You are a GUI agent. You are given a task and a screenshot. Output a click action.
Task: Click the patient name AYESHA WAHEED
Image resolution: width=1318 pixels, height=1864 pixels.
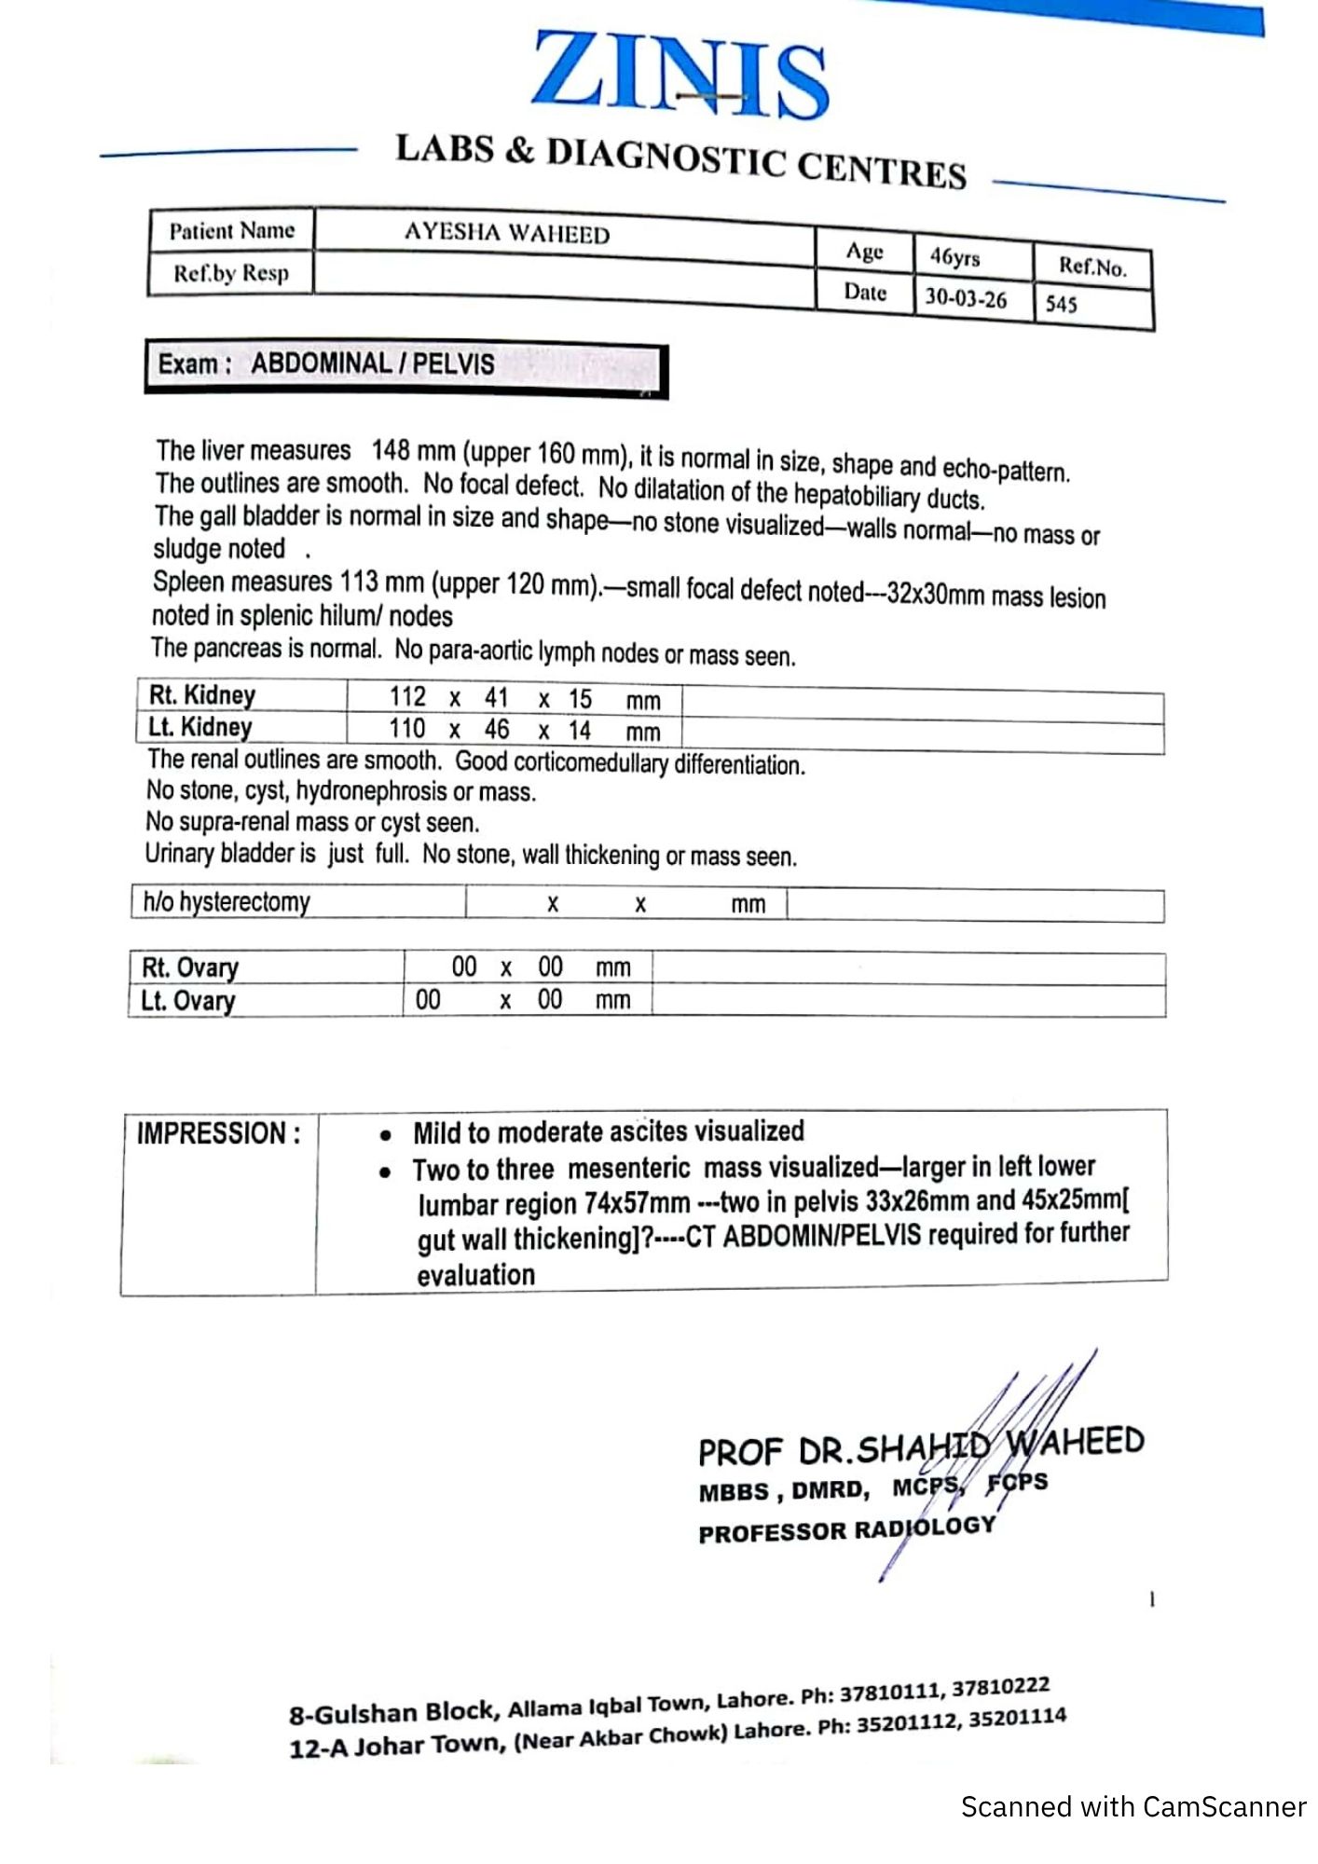point(507,233)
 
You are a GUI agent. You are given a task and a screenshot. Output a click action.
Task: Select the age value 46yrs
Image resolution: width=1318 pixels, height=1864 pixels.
point(954,257)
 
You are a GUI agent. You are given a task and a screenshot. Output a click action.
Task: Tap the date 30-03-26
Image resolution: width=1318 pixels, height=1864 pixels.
point(966,299)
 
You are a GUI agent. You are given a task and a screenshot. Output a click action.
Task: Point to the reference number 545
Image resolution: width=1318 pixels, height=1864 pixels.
point(1062,305)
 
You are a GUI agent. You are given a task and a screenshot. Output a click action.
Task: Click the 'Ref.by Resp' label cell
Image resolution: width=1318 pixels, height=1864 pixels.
point(231,274)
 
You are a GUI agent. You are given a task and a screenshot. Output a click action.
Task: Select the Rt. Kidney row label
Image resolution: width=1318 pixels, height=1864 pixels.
point(202,695)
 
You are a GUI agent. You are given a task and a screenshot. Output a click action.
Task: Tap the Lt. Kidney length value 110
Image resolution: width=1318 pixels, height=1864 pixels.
point(407,729)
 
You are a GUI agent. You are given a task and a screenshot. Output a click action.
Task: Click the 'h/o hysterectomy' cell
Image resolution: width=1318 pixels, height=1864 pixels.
point(227,902)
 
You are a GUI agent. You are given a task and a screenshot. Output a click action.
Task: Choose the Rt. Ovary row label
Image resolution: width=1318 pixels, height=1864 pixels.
point(190,967)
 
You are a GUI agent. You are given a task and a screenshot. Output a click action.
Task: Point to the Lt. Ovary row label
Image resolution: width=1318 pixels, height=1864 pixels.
point(188,1001)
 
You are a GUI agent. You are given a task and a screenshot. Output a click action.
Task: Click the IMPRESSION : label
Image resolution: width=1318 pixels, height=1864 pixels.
point(219,1134)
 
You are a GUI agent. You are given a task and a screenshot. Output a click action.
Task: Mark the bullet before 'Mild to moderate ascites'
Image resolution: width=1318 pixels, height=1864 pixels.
point(385,1136)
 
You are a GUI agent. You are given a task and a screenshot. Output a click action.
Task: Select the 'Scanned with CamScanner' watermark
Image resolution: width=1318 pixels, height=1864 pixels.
point(1133,1807)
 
